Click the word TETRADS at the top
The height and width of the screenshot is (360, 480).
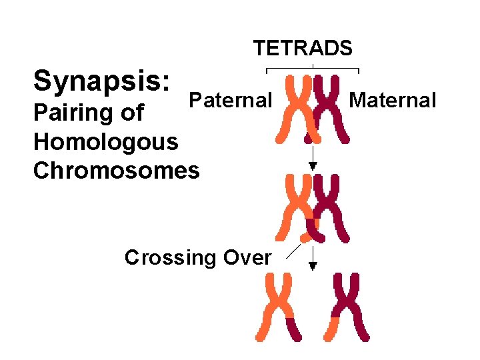(x=303, y=49)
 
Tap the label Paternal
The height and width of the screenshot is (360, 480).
(x=230, y=101)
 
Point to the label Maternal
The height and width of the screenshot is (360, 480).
(x=393, y=101)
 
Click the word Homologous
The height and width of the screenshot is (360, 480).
(x=105, y=142)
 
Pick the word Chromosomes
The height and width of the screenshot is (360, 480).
(x=116, y=171)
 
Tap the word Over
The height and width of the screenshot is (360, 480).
(x=247, y=257)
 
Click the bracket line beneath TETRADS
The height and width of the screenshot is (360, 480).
(x=313, y=69)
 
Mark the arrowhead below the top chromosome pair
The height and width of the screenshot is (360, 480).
(x=313, y=167)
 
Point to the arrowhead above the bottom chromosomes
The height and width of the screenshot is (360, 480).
(x=313, y=266)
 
